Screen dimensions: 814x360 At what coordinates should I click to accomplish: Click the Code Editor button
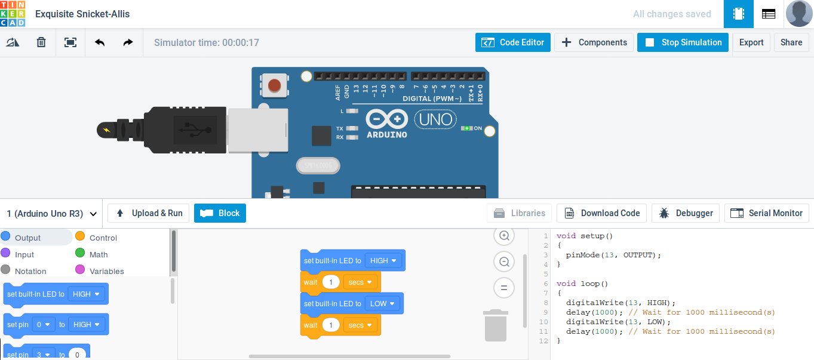513,42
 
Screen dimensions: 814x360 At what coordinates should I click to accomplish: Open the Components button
594,42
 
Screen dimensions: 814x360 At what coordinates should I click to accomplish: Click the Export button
751,42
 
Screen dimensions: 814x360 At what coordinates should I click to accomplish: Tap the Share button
791,42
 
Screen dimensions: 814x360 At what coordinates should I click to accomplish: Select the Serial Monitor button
766,213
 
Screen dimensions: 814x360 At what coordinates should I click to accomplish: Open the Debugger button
686,213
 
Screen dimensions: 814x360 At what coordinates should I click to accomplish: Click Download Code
601,213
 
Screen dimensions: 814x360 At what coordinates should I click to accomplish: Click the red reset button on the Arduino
274,86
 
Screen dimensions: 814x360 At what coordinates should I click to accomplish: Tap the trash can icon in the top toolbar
41,42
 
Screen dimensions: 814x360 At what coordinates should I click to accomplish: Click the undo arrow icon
100,42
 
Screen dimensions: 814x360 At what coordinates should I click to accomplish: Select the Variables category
99,271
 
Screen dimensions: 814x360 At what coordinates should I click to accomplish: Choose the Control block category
96,238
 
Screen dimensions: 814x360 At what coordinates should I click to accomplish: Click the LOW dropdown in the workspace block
382,304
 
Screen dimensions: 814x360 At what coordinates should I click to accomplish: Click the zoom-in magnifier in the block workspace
504,236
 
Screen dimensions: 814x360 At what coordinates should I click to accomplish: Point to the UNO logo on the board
435,119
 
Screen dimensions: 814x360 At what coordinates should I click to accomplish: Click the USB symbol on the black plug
195,130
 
